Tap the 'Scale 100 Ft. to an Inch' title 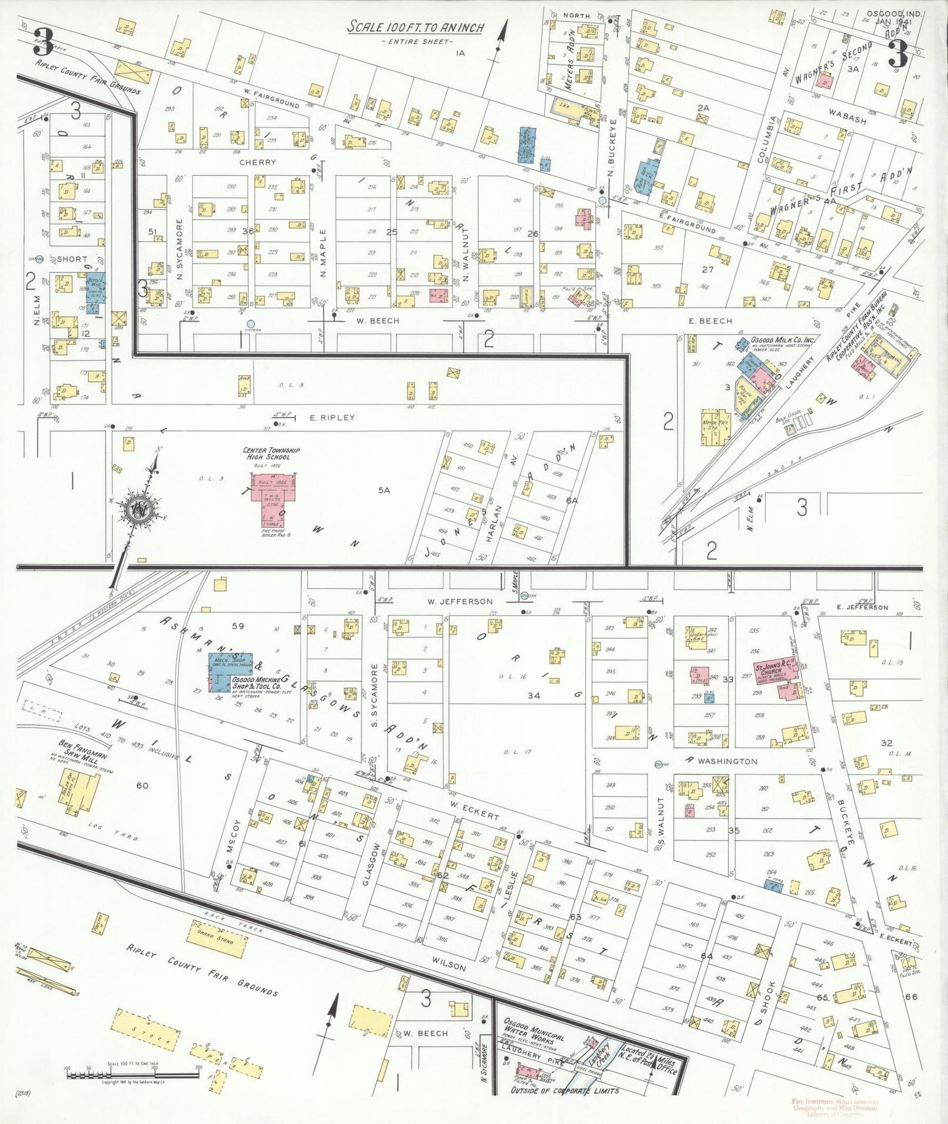415,28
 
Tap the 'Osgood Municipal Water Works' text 533,1030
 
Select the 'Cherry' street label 257,162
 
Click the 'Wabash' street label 847,117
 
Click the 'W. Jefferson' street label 459,601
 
